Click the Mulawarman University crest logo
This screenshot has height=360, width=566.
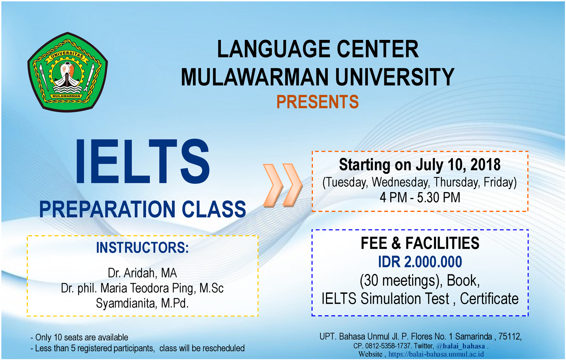tap(68, 72)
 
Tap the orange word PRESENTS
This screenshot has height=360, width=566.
tap(317, 102)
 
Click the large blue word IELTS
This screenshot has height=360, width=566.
tap(143, 161)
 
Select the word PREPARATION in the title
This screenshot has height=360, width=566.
tap(107, 209)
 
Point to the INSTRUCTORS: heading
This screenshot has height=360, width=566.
tap(142, 248)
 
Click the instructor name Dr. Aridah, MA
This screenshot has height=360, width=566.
tap(142, 273)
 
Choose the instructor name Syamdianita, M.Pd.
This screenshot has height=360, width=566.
tap(142, 303)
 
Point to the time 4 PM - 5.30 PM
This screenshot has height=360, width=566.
tap(420, 198)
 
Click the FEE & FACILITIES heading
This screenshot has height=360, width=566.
tap(420, 243)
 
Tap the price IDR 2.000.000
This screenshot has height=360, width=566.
tap(420, 262)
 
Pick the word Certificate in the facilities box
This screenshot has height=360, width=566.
tap(489, 299)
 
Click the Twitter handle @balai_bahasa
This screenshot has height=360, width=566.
tap(460, 346)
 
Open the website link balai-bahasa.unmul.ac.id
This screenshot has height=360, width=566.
tap(436, 354)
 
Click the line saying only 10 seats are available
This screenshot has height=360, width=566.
tap(79, 337)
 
